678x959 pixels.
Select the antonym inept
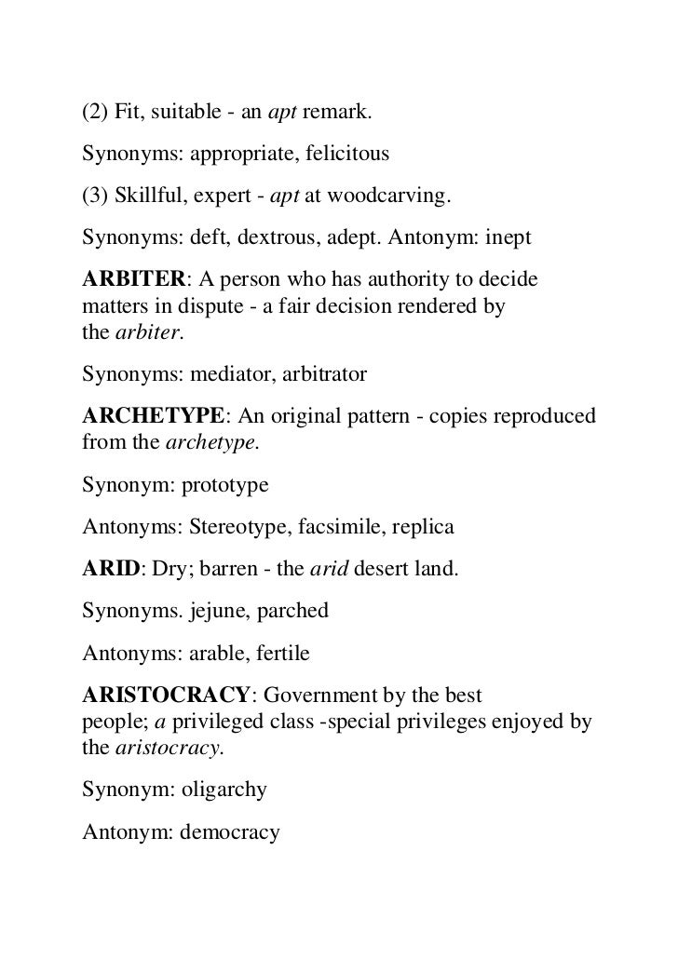(x=507, y=237)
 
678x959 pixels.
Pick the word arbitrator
(x=320, y=375)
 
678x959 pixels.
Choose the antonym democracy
(x=229, y=831)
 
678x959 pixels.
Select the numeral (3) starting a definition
(x=95, y=196)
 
